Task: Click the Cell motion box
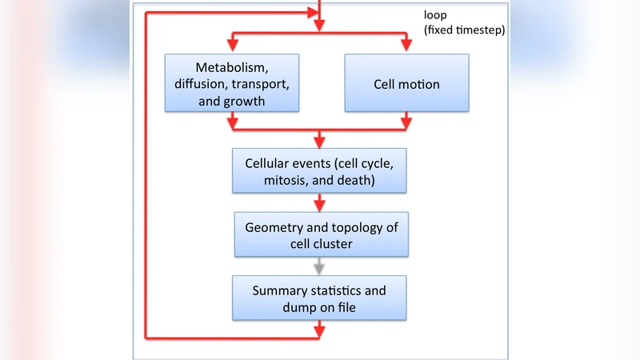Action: (x=406, y=83)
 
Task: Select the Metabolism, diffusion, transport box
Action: (x=231, y=83)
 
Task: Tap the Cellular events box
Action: (x=320, y=170)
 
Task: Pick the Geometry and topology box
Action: (x=320, y=235)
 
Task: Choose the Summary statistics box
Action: (x=320, y=297)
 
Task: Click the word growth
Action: (x=246, y=102)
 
